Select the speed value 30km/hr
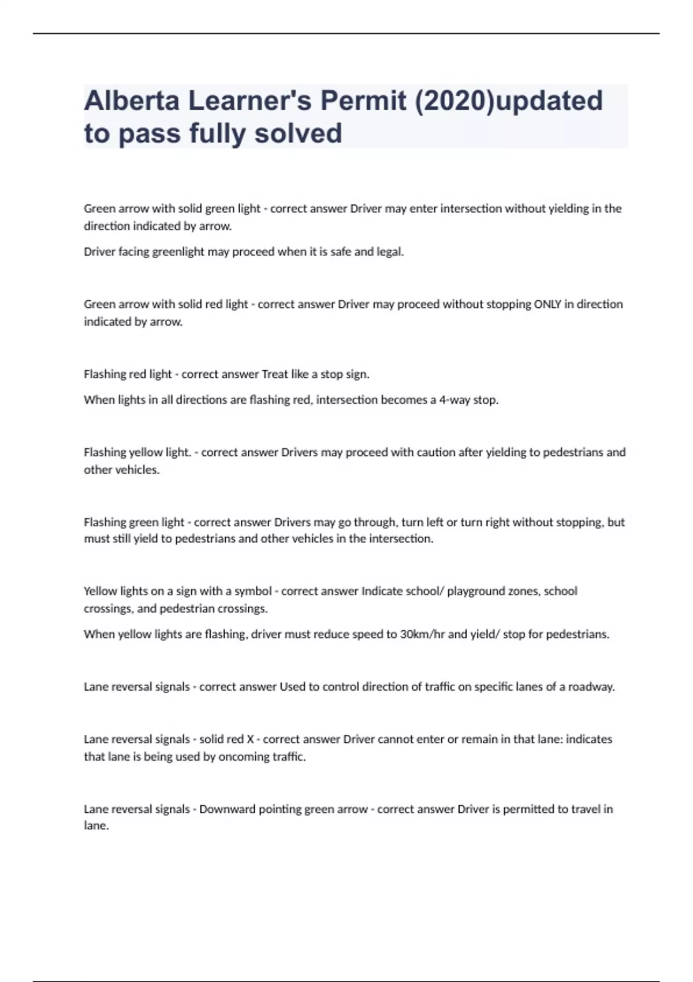tap(422, 634)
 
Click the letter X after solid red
tap(250, 739)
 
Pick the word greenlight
tap(178, 252)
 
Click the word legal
tap(390, 252)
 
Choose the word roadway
tap(591, 687)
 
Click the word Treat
tap(275, 374)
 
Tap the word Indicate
tap(382, 591)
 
